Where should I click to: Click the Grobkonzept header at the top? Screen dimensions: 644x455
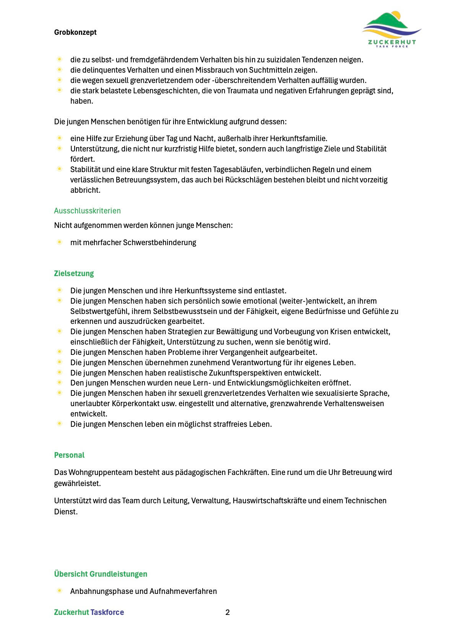coord(75,33)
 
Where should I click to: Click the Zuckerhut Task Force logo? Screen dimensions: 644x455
coord(392,30)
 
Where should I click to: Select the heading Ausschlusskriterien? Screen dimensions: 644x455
coord(87,211)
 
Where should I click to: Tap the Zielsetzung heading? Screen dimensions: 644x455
coord(74,273)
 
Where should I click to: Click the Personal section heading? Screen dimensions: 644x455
coord(69,455)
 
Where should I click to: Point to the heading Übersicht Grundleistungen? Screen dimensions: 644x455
coord(101,574)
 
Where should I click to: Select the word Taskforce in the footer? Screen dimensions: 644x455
coord(107,612)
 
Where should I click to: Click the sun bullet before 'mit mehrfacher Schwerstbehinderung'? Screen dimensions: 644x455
coord(60,242)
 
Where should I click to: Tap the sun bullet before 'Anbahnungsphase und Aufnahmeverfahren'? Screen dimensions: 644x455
coord(60,591)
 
